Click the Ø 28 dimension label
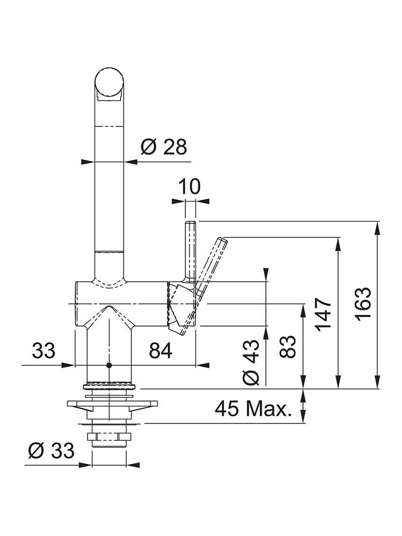pyautogui.click(x=164, y=147)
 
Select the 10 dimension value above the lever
pyautogui.click(x=189, y=186)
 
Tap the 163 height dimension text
pyautogui.click(x=363, y=304)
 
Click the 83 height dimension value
pyautogui.click(x=287, y=347)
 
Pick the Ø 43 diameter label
pyautogui.click(x=251, y=362)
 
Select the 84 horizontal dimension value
pyautogui.click(x=161, y=350)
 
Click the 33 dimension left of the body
pyautogui.click(x=43, y=350)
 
